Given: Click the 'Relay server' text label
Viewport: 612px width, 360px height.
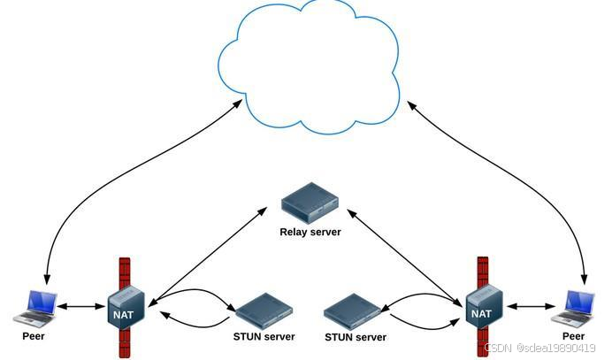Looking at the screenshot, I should [x=310, y=232].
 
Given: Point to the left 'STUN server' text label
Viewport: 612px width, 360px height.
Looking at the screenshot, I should [x=264, y=336].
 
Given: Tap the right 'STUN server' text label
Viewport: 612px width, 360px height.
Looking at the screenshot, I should [x=356, y=337].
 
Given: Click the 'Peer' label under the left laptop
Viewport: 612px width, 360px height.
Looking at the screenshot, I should [x=34, y=336].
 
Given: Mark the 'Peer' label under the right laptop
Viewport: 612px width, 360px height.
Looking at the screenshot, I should [x=573, y=336].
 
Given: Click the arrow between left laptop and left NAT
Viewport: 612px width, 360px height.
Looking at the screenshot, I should [x=80, y=307].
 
